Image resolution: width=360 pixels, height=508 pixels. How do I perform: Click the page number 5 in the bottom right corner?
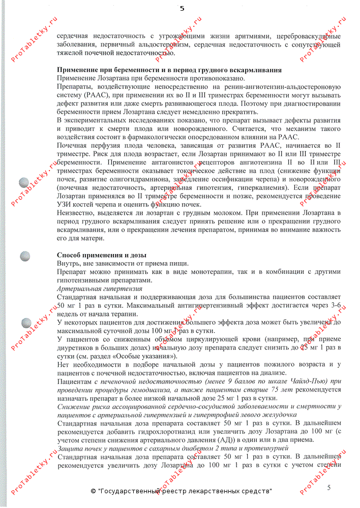328,488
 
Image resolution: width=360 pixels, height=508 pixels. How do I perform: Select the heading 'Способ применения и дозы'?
102,255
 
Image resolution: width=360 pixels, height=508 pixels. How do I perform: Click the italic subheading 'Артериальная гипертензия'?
100,288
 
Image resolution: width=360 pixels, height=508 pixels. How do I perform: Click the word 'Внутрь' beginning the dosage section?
69,263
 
